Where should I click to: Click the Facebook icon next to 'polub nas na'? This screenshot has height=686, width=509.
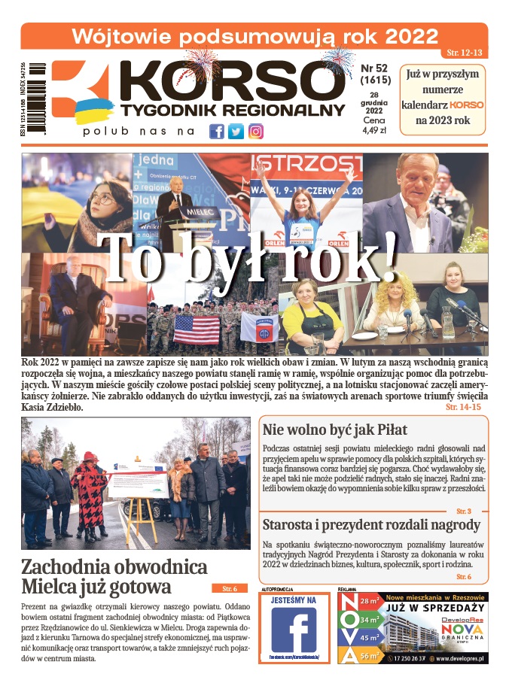point(216,131)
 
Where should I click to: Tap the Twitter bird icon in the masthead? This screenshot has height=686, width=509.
point(236,131)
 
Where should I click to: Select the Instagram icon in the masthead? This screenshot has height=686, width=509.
point(256,131)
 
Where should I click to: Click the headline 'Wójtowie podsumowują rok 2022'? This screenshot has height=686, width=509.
point(254,36)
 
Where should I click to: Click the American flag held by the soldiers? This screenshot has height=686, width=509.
point(197,329)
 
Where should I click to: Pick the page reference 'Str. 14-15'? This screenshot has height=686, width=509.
point(463,406)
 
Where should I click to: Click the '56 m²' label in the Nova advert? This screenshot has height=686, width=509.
point(369,654)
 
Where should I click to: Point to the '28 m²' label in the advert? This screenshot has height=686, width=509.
point(369,602)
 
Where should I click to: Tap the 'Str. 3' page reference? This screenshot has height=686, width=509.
point(464,511)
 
